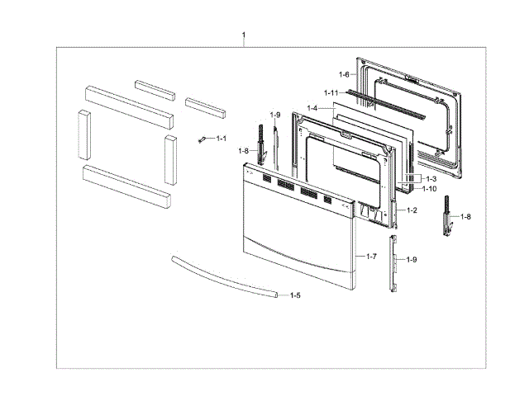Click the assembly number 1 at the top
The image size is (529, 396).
click(244, 35)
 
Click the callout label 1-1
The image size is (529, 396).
click(222, 139)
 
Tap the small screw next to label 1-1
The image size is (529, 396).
click(201, 141)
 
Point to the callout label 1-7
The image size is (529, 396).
click(370, 257)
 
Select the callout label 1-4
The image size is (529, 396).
click(312, 108)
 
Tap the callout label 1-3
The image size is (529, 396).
click(431, 178)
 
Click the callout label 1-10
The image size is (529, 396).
click(429, 188)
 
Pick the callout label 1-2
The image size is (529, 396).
click(411, 210)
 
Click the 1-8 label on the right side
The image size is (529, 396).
click(466, 216)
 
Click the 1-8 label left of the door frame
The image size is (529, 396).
click(243, 150)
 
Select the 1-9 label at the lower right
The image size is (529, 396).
click(412, 260)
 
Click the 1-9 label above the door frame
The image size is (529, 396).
click(275, 115)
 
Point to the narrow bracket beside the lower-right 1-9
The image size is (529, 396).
click(394, 262)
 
